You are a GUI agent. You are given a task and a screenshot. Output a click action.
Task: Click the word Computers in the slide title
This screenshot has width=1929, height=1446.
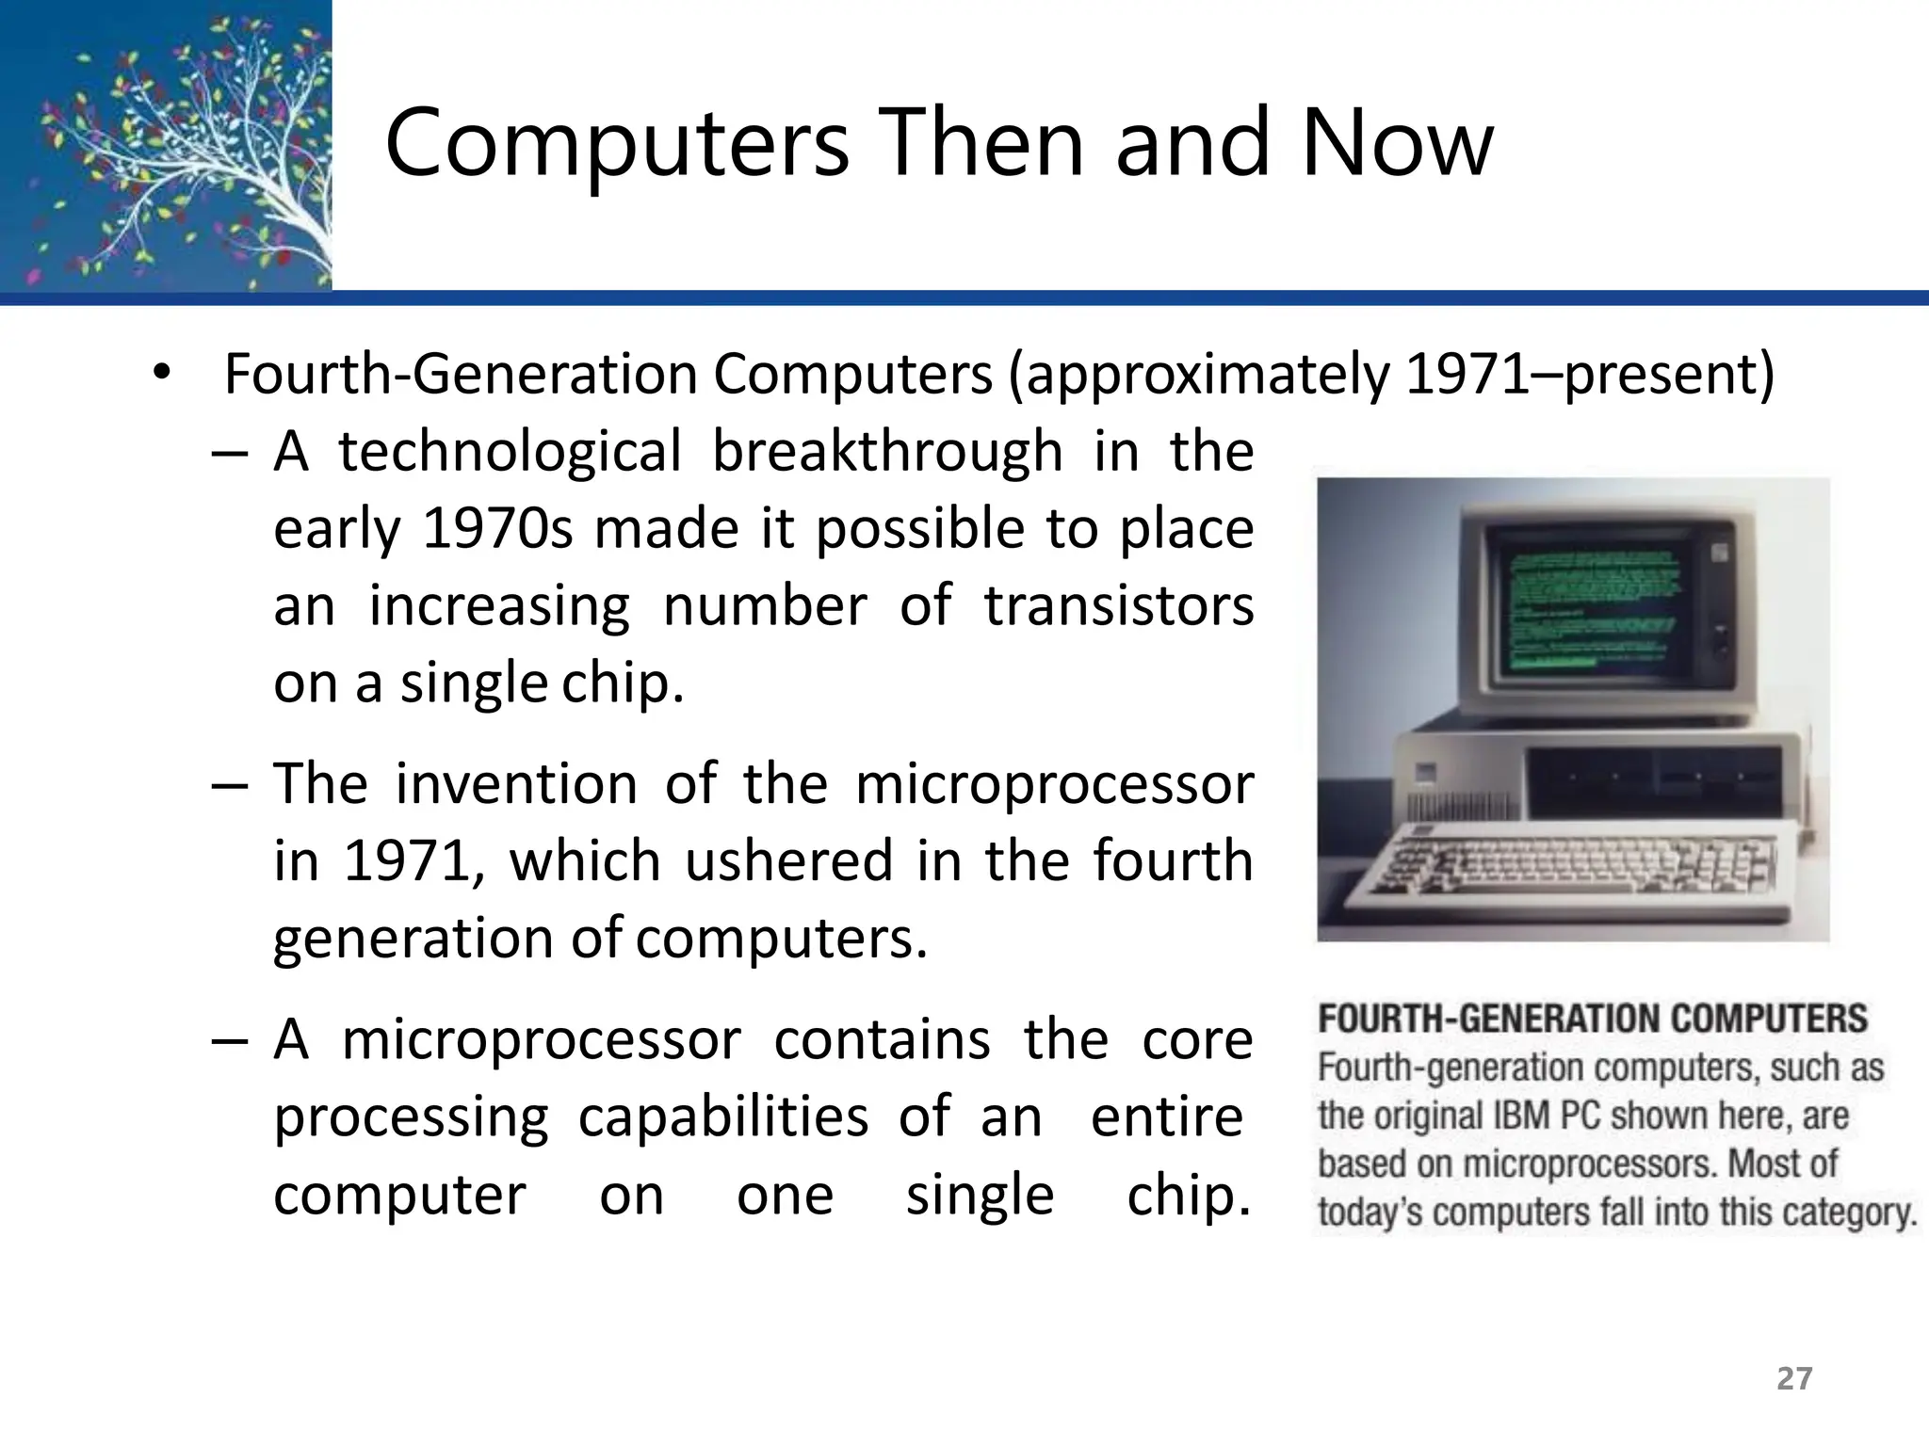617,143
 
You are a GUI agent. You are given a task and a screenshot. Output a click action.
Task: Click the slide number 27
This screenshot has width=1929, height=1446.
1793,1378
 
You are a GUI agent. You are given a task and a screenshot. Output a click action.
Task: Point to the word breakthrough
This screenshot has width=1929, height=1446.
886,451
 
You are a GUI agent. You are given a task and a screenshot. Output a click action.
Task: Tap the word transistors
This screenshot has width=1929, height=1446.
1119,605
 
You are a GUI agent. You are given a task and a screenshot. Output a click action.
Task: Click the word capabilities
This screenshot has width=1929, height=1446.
722,1117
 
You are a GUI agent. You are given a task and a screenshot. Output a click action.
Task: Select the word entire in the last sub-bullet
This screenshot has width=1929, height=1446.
1166,1117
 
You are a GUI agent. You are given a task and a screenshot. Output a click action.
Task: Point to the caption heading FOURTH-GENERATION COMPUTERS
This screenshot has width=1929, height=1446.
1592,1020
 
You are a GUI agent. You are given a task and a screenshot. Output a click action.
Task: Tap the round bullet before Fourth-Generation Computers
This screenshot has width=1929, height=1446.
162,372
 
